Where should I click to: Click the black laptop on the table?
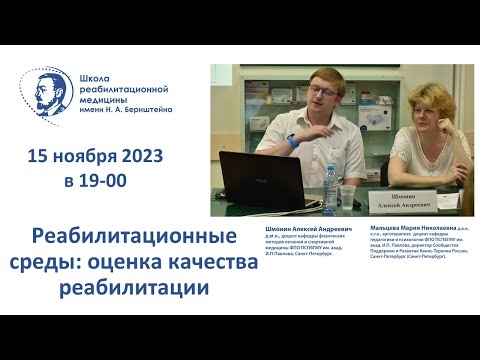[261, 178]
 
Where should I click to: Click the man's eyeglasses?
[323, 91]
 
